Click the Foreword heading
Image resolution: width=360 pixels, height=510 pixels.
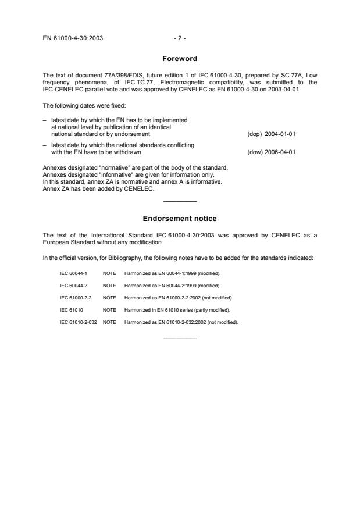coord(180,58)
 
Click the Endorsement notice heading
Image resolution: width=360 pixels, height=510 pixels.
coord(180,218)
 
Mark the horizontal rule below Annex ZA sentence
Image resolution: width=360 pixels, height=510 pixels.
coord(180,201)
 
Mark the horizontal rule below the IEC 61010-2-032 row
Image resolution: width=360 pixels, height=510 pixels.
coord(180,338)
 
